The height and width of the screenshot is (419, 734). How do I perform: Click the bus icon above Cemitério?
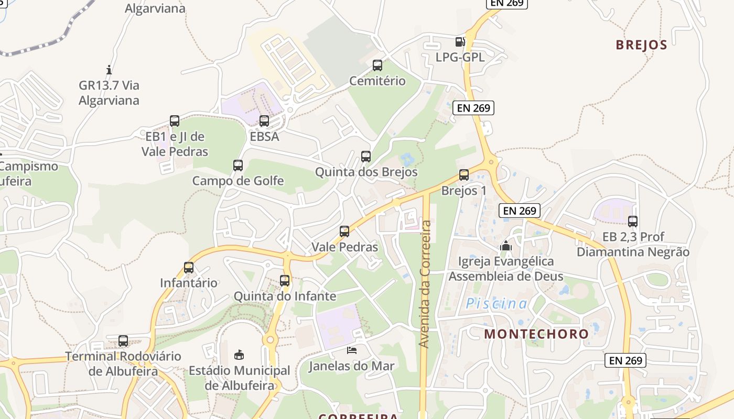click(x=377, y=65)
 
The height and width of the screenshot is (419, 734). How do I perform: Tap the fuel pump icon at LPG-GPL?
click(x=460, y=42)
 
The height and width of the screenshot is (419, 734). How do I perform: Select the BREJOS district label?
click(x=641, y=45)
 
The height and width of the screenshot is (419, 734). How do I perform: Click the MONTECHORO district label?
click(x=536, y=334)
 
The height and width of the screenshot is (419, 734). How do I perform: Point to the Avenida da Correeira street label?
click(x=425, y=284)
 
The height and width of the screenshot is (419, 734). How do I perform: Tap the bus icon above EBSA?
click(x=264, y=121)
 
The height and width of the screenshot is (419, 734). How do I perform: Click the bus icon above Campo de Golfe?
click(x=238, y=166)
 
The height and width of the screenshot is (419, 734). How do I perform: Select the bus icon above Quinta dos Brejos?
click(x=366, y=157)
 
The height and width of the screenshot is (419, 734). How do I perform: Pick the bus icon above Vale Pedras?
click(x=344, y=231)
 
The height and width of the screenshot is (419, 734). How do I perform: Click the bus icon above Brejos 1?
click(x=464, y=175)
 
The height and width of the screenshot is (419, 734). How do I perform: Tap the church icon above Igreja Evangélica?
click(x=506, y=245)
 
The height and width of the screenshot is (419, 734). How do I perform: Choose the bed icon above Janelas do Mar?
click(x=351, y=350)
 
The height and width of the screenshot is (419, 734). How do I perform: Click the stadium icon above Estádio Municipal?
click(x=239, y=355)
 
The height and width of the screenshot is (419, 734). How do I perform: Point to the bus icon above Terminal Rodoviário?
click(x=123, y=341)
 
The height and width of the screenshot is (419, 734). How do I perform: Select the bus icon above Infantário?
click(x=189, y=268)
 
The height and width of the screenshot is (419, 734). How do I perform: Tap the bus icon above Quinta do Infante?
click(x=285, y=281)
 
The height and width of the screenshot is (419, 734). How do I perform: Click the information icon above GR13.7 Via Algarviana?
click(x=109, y=69)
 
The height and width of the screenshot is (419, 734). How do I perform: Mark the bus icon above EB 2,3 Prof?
click(x=633, y=222)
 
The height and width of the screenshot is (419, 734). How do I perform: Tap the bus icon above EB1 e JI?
click(x=175, y=121)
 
